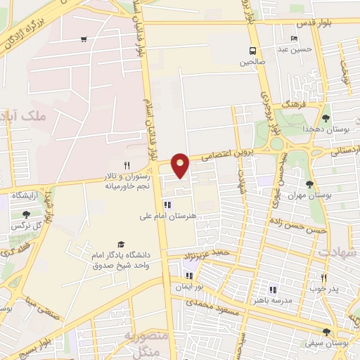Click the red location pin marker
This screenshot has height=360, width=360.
pos(181,165)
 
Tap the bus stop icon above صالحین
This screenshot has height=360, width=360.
pos(252,51)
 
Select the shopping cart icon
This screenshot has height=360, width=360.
pos(84,39)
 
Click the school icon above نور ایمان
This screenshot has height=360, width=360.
pos(188,276)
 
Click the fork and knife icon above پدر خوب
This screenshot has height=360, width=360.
pos(324,278)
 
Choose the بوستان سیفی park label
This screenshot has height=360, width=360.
pos(326,344)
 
